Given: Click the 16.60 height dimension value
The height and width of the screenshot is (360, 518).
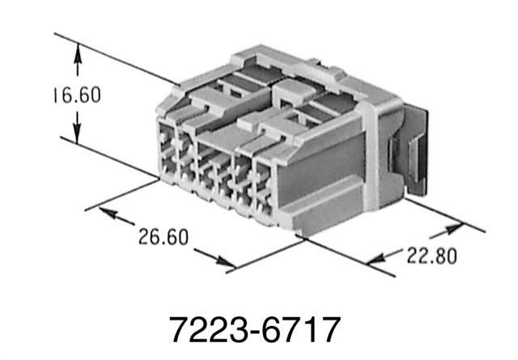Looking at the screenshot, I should tap(72, 95).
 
